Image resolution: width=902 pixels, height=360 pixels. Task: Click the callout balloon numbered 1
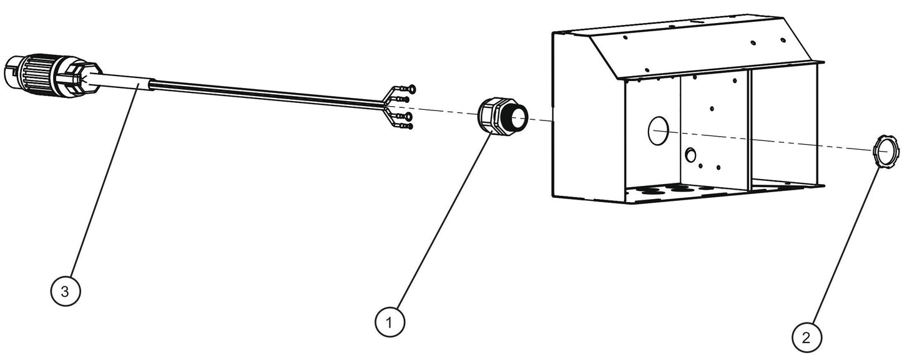(x=390, y=323)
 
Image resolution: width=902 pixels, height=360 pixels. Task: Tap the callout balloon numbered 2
(x=806, y=338)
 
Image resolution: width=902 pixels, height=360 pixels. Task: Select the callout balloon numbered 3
(x=66, y=291)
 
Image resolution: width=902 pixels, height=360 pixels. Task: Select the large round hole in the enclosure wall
(x=658, y=131)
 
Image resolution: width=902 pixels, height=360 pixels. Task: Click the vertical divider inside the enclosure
(x=749, y=129)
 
